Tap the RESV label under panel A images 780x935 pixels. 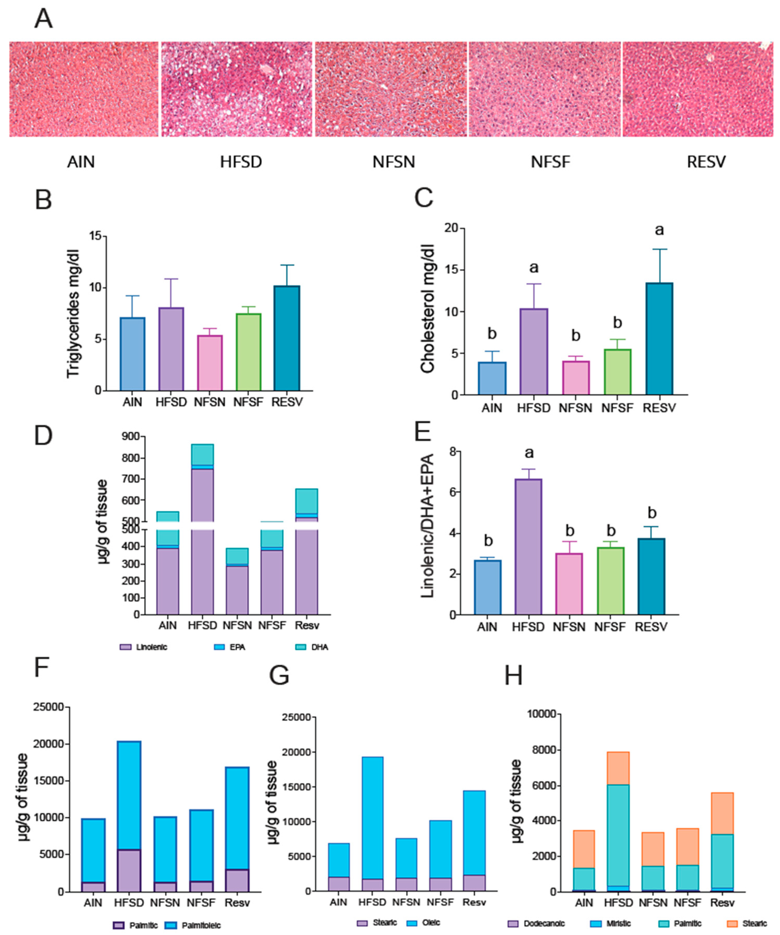tap(706, 162)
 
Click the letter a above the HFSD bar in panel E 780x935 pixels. tap(529, 453)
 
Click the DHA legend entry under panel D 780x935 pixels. tap(314, 647)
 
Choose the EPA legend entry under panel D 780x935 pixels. tap(232, 647)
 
